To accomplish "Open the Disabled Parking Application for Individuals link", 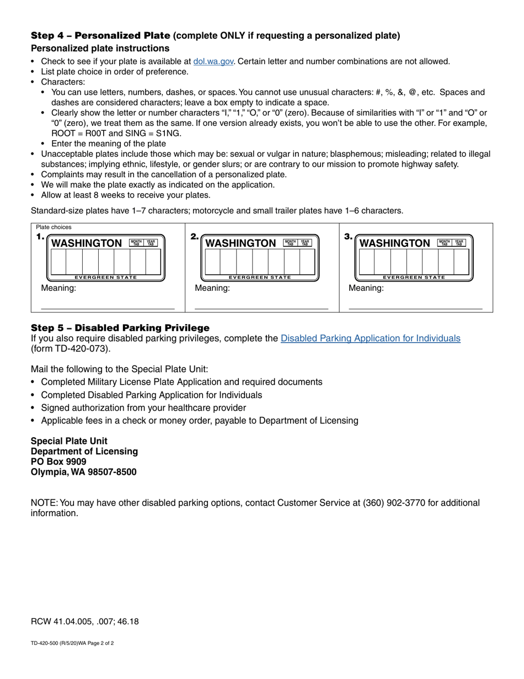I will (x=370, y=338).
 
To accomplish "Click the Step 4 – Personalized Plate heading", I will (x=100, y=36).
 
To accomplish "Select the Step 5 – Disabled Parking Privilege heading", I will (x=120, y=328).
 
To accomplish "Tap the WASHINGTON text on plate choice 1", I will (x=87, y=243).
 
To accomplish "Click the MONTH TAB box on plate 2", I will (x=290, y=242).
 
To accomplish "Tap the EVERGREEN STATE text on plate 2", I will (x=260, y=278).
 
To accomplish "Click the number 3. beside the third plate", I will (x=348, y=237).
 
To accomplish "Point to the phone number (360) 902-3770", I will (x=392, y=503).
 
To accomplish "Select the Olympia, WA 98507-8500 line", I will (x=83, y=472).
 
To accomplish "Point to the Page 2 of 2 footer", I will (x=101, y=643).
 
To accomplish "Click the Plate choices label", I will (x=54, y=227).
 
